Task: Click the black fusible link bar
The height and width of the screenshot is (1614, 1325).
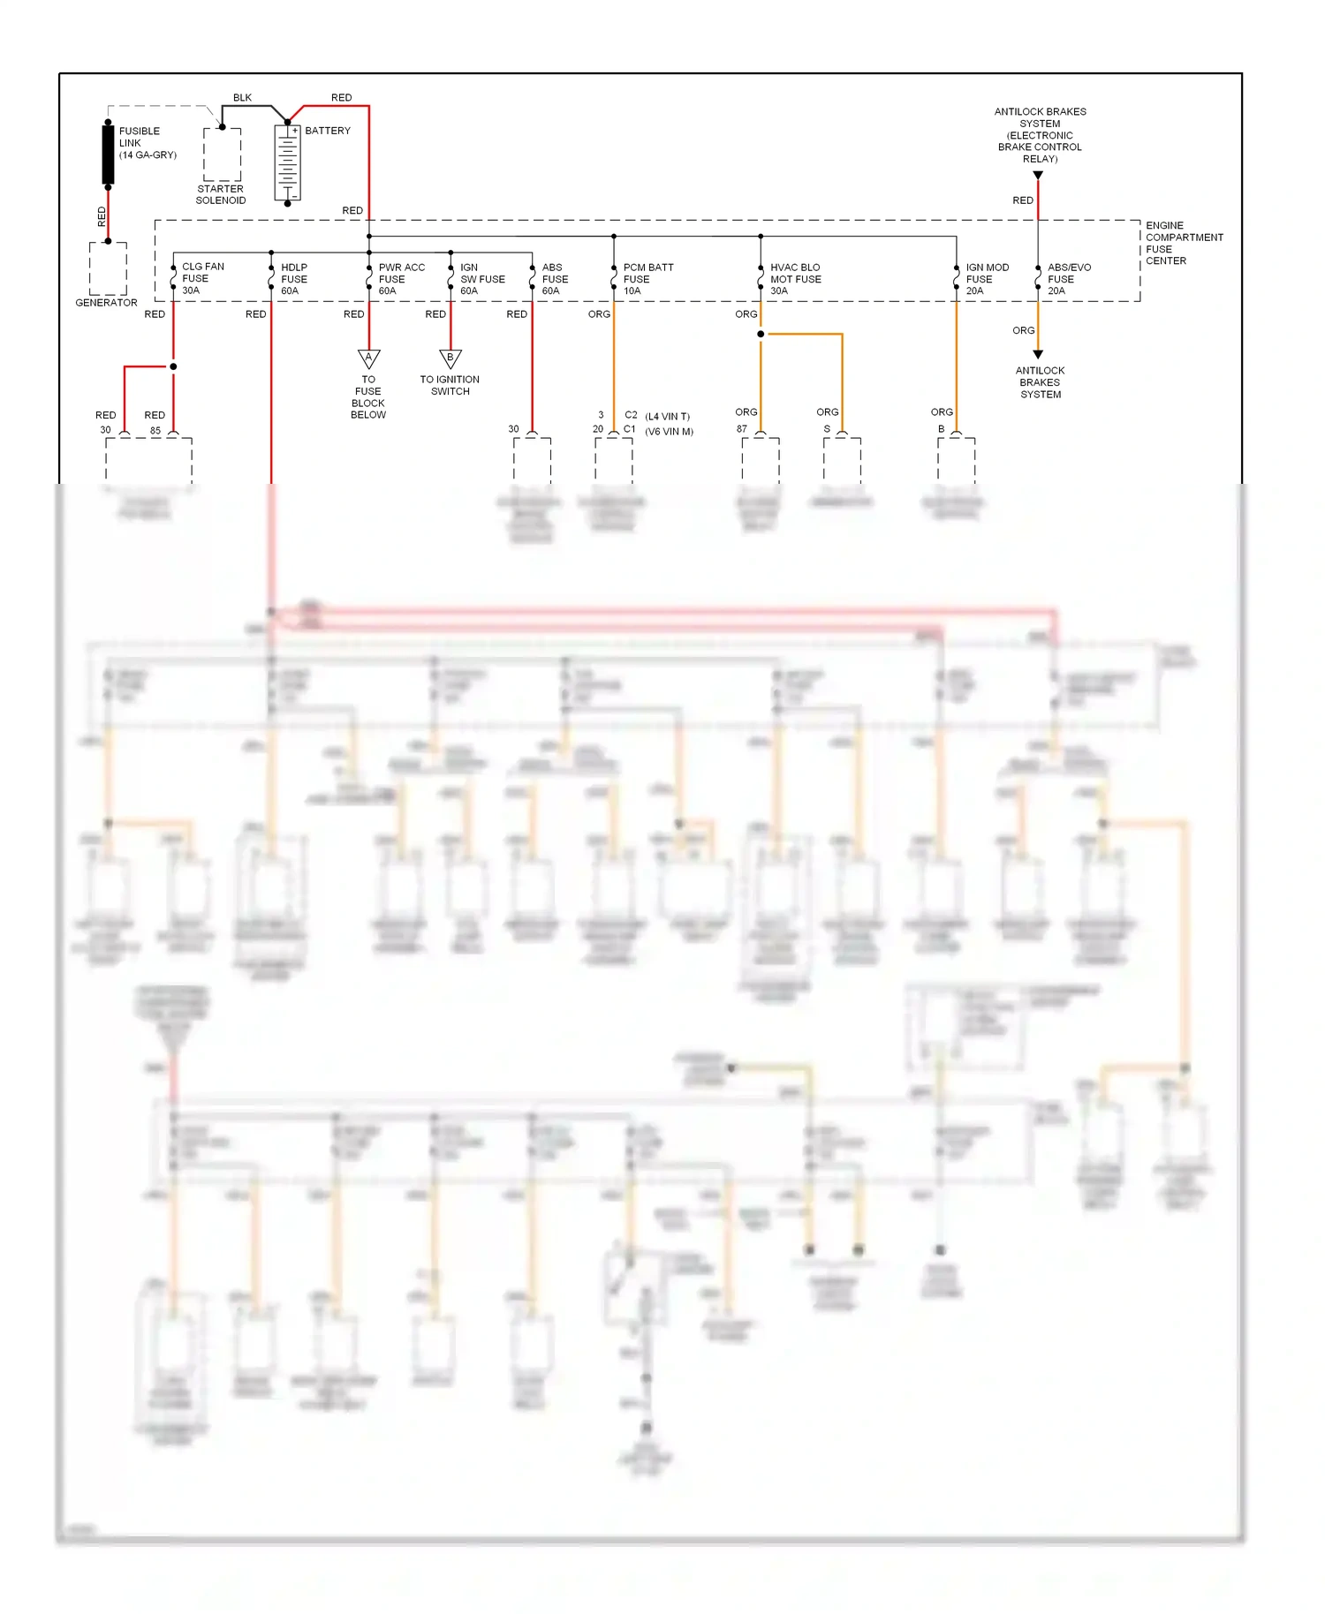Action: [x=108, y=154]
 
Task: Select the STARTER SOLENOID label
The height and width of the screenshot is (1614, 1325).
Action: [x=221, y=194]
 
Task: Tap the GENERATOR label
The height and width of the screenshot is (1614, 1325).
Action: [x=106, y=303]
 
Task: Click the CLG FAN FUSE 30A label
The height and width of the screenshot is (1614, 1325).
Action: [x=202, y=278]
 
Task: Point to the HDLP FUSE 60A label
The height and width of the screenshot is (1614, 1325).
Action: [x=294, y=279]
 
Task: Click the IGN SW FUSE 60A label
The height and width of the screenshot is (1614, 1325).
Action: [x=481, y=279]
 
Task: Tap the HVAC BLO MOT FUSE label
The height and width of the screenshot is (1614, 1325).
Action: [x=794, y=279]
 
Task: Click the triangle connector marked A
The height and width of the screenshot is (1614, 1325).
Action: [x=369, y=358]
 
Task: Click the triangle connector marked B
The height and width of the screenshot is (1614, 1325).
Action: [x=450, y=358]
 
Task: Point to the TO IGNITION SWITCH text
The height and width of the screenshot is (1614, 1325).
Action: [x=450, y=385]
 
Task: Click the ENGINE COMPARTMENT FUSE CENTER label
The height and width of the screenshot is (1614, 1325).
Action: [x=1183, y=243]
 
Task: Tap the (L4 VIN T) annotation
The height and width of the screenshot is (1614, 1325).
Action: [x=667, y=417]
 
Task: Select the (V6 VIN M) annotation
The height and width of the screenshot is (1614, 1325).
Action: [x=669, y=432]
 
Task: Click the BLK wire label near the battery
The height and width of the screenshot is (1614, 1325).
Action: [x=242, y=98]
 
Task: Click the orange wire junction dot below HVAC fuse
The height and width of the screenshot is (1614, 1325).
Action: [x=761, y=334]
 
